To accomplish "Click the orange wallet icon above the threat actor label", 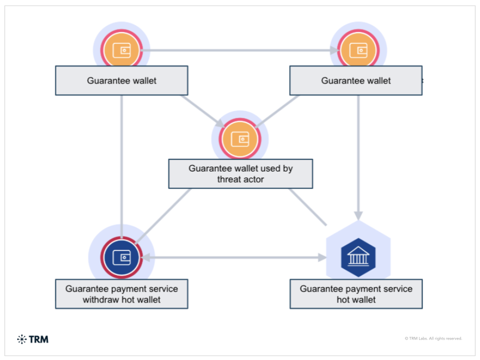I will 240,139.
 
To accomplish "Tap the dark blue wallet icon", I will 121,257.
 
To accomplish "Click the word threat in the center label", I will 229,179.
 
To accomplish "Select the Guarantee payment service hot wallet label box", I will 356,294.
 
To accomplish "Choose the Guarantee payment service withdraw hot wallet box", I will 121,294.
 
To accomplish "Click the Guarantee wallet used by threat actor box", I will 240,174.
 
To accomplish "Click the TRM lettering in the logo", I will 39,339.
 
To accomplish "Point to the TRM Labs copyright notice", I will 433,338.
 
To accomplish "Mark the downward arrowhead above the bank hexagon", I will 358,215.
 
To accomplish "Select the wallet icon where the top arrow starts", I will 121,50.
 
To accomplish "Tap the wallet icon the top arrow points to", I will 358,50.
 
